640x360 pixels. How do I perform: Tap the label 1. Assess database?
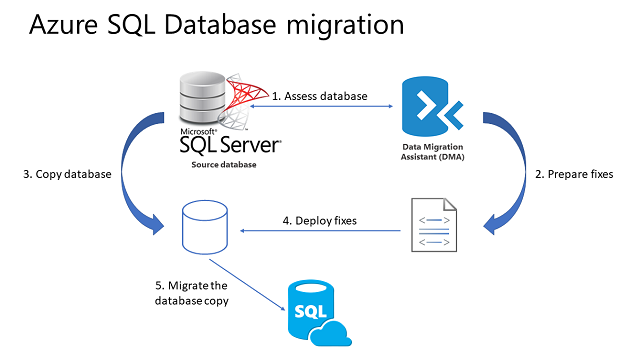pos(320,96)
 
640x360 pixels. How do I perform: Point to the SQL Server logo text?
pos(230,145)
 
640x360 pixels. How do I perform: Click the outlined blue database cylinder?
pos(205,226)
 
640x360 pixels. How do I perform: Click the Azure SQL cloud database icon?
pos(312,314)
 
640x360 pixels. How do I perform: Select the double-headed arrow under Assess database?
pos(320,106)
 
